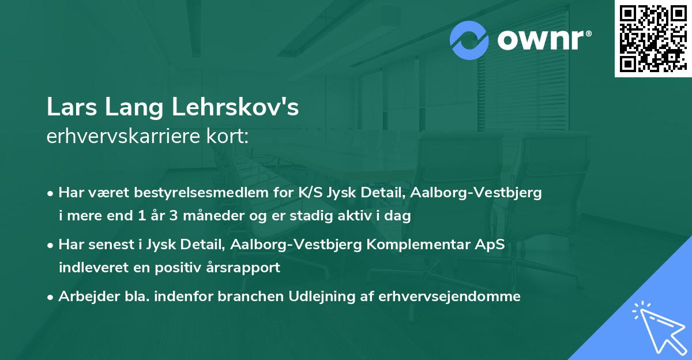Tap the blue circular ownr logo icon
coord(469,40)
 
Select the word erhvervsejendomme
coord(449,297)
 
